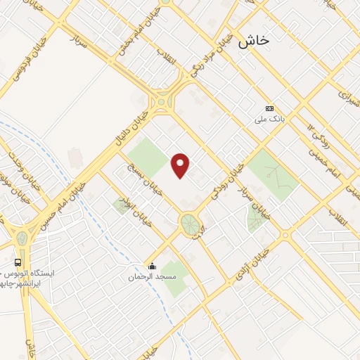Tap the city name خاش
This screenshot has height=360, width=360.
coord(254,41)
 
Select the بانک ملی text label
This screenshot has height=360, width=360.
coord(267,120)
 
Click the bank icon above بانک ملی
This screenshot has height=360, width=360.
coord(269,108)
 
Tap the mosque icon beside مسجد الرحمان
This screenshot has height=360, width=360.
coord(151,265)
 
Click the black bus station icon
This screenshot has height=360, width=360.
coord(16,260)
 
